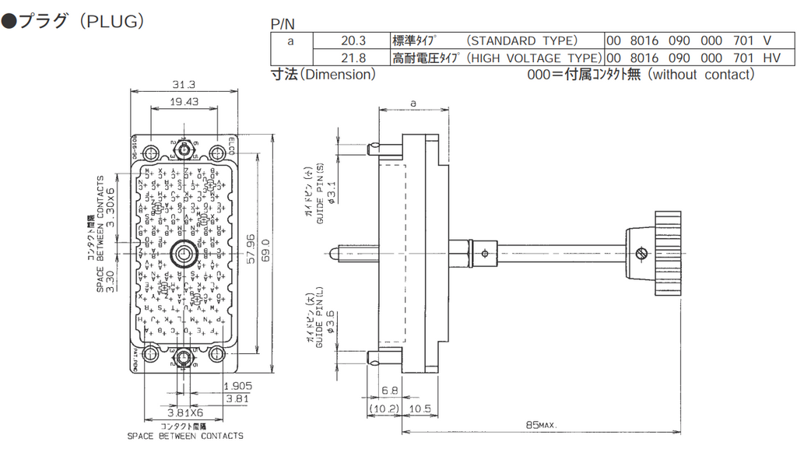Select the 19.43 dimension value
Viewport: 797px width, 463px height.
(184, 101)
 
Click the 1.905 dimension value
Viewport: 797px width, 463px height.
(237, 386)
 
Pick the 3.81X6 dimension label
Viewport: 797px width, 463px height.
(185, 412)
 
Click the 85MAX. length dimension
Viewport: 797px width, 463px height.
(542, 425)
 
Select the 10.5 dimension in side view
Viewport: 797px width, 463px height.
(420, 409)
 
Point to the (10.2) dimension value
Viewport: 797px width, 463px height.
(384, 409)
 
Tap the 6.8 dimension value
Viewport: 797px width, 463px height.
(390, 391)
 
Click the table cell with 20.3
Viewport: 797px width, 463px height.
(353, 40)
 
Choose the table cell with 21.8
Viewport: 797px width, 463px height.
(353, 58)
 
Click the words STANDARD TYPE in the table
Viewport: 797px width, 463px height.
(521, 40)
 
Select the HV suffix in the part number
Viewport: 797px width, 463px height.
(771, 58)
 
